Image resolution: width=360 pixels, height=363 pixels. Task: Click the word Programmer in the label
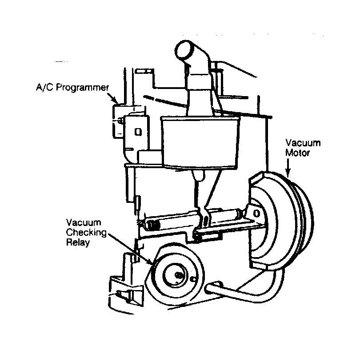pos(82,88)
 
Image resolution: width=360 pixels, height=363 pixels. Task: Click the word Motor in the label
pos(297,153)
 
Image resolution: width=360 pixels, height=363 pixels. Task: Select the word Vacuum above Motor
pos(303,143)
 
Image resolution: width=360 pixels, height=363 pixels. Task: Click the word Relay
pos(78,242)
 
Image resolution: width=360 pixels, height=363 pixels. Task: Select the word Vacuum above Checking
pos(84,222)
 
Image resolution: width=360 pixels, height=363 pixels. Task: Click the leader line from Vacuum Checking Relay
pos(131,250)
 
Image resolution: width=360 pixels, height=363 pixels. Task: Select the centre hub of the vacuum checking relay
pos(179,275)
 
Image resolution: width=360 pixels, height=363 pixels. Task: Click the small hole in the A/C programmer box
pos(138,132)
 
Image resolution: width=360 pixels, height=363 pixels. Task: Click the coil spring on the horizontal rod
pos(153,225)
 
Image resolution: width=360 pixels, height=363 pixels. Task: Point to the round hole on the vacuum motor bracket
pos(256,213)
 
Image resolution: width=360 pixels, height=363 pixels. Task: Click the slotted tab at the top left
pos(144,71)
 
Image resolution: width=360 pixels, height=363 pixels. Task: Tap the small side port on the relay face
pos(193,279)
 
